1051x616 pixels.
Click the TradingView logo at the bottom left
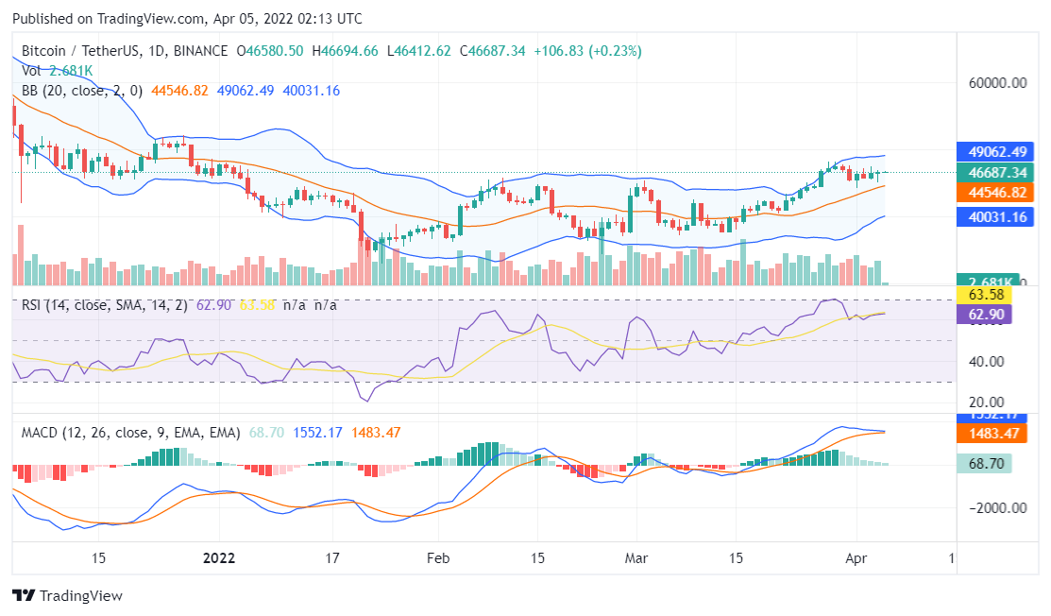pos(67,596)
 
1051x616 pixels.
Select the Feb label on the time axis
pos(436,557)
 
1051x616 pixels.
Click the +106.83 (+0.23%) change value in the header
pos(587,51)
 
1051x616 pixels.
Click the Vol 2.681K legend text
pos(57,71)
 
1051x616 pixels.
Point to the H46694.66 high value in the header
pos(345,51)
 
